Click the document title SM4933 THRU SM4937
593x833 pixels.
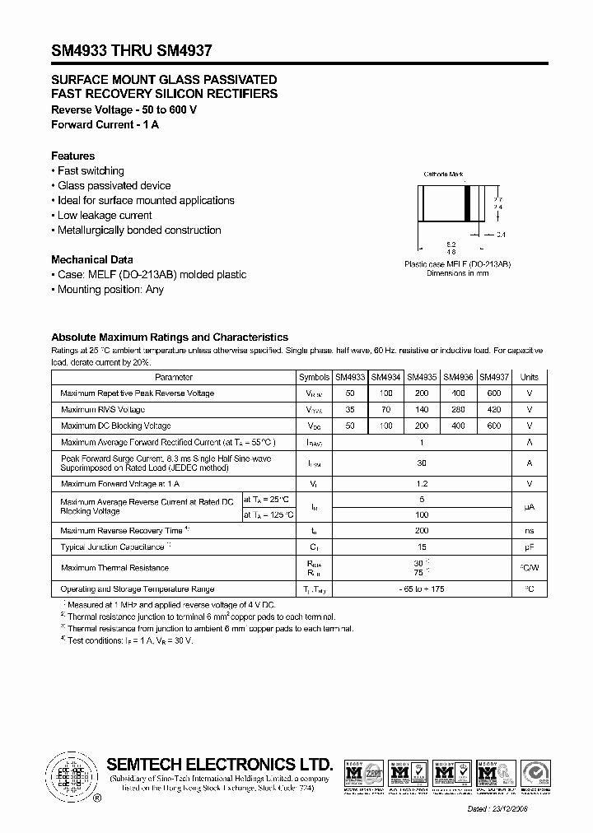pyautogui.click(x=132, y=50)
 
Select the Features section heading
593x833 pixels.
pyautogui.click(x=72, y=156)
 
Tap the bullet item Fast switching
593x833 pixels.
pyautogui.click(x=91, y=170)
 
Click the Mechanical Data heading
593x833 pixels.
pyautogui.click(x=91, y=259)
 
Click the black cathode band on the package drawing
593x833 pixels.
pyautogui.click(x=468, y=203)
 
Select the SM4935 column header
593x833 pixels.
pyautogui.click(x=422, y=377)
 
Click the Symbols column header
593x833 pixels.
pyautogui.click(x=314, y=377)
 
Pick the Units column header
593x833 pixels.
pyautogui.click(x=529, y=377)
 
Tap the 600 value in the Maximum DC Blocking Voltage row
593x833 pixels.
pyautogui.click(x=494, y=426)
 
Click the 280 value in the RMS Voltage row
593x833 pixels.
pyautogui.click(x=458, y=409)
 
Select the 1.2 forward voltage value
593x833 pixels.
pyautogui.click(x=422, y=483)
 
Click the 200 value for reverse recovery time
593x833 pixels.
pyautogui.click(x=422, y=531)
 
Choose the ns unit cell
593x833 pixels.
pyautogui.click(x=529, y=531)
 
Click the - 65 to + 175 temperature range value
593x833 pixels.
pyautogui.click(x=422, y=589)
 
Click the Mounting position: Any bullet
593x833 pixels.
pyautogui.click(x=110, y=290)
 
